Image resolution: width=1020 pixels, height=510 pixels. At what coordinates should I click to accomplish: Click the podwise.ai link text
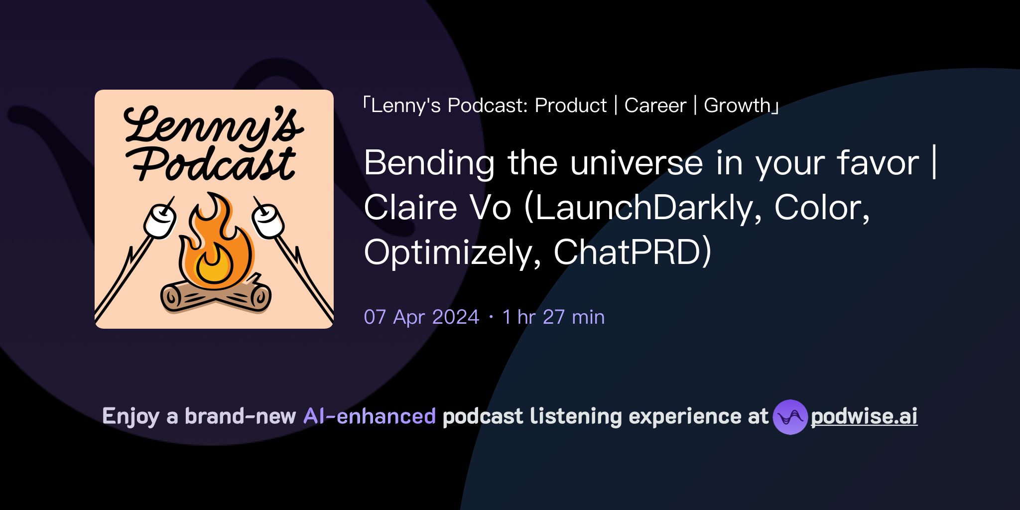(x=864, y=416)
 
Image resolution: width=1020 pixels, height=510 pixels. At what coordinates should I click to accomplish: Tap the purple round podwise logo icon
(x=790, y=417)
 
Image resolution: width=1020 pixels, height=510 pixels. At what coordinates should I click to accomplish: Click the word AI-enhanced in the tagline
(x=370, y=416)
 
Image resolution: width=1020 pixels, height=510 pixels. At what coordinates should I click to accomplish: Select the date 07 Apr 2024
(x=421, y=317)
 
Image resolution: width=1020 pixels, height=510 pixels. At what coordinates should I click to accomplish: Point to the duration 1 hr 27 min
(x=553, y=317)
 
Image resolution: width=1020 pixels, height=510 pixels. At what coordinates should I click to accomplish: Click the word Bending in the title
(x=429, y=163)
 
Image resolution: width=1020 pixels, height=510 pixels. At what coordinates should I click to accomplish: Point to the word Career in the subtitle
(x=655, y=106)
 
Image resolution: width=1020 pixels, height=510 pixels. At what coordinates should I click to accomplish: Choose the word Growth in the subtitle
(x=738, y=106)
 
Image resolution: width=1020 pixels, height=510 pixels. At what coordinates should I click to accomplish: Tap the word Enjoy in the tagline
(x=130, y=416)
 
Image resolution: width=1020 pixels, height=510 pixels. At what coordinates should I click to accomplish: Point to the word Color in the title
(x=822, y=208)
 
